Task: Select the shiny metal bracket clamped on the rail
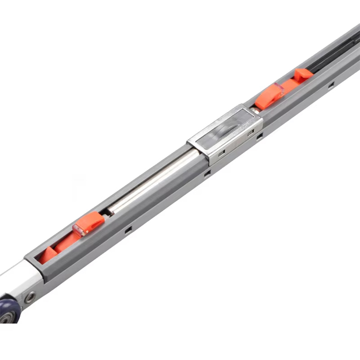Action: (x=225, y=133)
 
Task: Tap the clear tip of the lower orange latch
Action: (x=77, y=231)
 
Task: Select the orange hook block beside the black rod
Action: (x=304, y=74)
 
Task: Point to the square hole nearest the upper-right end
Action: (x=331, y=84)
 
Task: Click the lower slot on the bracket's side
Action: (x=222, y=154)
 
